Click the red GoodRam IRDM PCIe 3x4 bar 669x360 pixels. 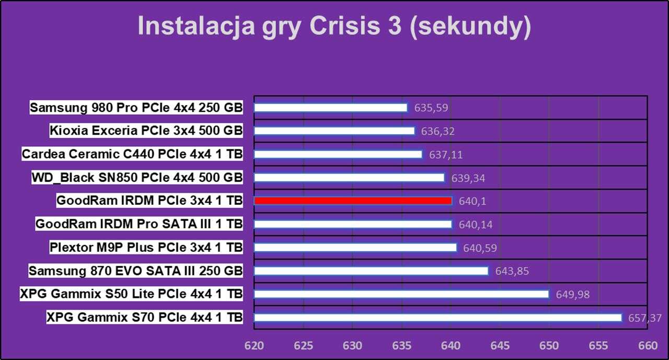[353, 201]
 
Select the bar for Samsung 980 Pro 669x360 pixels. [330, 108]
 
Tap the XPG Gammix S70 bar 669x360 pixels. [437, 318]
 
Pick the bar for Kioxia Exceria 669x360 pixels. [334, 131]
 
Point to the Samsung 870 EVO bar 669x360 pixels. [371, 271]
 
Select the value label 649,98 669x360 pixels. [573, 295]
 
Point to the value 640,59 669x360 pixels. [480, 248]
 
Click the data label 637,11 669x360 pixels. [446, 155]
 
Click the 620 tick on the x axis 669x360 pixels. [254, 346]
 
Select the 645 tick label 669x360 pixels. [500, 346]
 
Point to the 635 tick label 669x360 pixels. [402, 346]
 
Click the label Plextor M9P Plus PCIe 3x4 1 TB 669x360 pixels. [146, 248]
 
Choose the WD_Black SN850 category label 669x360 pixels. [137, 178]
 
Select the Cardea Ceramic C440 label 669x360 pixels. [132, 154]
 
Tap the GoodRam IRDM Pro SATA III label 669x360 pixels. [139, 224]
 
